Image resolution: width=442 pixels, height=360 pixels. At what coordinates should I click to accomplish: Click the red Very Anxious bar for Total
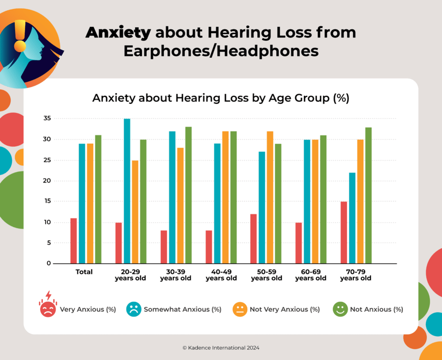tap(73, 241)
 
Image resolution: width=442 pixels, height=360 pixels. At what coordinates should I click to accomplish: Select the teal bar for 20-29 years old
tap(127, 191)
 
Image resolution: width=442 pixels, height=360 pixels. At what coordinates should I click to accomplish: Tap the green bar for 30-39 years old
tap(188, 195)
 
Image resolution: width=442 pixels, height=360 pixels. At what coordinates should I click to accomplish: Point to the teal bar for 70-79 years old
tap(352, 218)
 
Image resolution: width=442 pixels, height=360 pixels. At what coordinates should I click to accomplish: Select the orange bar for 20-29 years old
tap(135, 212)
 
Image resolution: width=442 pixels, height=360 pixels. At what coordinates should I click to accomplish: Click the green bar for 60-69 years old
tap(324, 199)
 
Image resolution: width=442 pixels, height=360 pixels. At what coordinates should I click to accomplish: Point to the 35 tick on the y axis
tap(47, 118)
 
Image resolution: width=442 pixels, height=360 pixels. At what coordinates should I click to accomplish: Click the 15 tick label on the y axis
tap(47, 201)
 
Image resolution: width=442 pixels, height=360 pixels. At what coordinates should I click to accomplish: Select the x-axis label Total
tap(84, 272)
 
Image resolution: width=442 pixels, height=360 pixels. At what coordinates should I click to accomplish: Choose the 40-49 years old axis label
tap(221, 275)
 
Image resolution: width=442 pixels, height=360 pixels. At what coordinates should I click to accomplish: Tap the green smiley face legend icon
tap(340, 309)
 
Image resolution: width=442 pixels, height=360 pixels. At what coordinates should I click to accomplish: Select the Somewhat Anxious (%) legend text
tap(182, 309)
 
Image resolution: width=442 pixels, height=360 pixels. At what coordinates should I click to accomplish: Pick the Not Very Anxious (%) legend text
tap(285, 309)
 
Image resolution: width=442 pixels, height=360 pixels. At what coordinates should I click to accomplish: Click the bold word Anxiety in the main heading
tap(118, 32)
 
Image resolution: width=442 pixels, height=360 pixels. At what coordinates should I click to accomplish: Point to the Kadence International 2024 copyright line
tap(221, 347)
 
